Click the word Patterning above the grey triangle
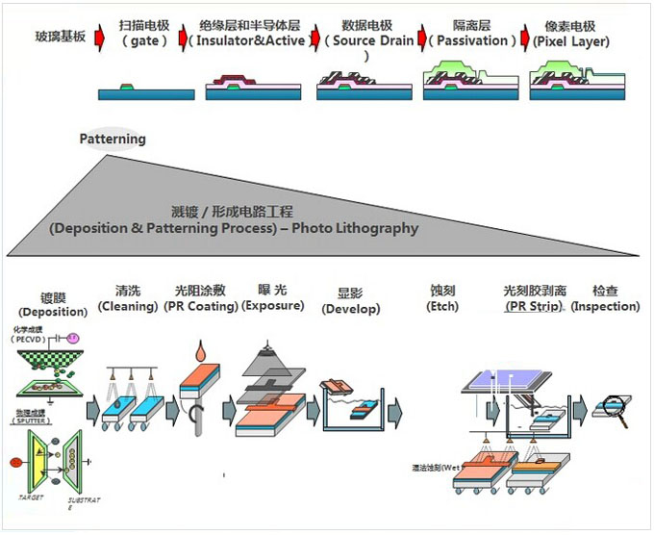tap(113, 139)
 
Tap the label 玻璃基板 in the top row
tap(61, 37)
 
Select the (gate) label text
tap(145, 40)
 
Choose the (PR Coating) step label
tap(206, 306)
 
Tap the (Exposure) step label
tap(274, 306)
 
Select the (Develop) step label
tap(351, 309)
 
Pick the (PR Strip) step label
tap(535, 306)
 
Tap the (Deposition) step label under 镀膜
tap(51, 312)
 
